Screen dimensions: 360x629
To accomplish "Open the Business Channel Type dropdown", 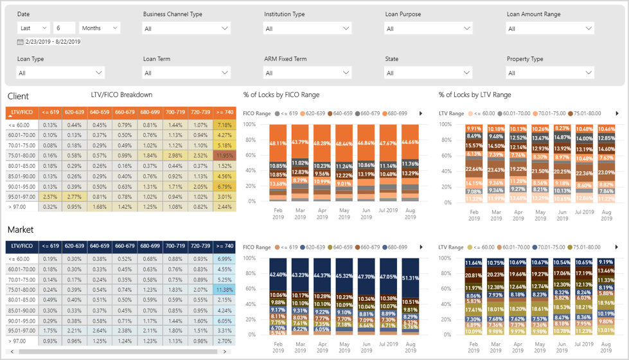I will click(186, 28).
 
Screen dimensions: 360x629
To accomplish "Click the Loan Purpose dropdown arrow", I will click(467, 28).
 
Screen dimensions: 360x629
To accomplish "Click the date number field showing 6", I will click(65, 28).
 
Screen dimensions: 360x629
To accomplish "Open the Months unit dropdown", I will click(100, 28).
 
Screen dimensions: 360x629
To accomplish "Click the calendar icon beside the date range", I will click(21, 42).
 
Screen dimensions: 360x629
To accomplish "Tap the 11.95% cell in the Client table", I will click(224, 156).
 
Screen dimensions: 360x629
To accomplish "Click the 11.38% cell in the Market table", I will click(224, 290).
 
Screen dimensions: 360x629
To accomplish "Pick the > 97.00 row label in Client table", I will click(19, 207).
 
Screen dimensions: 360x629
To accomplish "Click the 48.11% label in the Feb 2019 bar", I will click(278, 143).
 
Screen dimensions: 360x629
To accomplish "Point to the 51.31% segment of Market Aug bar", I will click(410, 278).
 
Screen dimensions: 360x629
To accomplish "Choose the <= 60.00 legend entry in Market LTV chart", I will click(483, 248).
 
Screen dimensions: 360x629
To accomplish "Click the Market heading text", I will click(21, 230).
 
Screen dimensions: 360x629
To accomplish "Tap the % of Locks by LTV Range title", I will click(475, 95).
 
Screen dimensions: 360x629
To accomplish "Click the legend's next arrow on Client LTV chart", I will click(616, 114).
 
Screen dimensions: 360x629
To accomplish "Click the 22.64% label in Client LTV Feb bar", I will click(474, 169).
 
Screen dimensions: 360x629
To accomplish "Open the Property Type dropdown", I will click(550, 73).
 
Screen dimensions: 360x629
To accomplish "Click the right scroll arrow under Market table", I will click(225, 352).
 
